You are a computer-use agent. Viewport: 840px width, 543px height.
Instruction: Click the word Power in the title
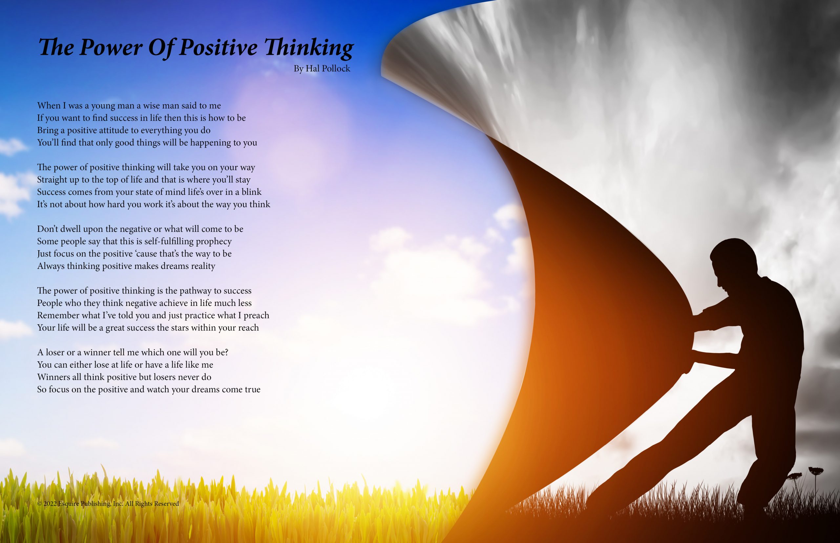[x=111, y=47]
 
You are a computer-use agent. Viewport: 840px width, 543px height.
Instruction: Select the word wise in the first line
[x=151, y=106]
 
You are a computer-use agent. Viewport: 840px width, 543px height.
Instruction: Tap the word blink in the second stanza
[x=251, y=192]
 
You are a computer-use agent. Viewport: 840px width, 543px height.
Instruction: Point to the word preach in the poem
[x=257, y=315]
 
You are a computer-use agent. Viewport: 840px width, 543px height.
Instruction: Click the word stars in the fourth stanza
[x=180, y=328]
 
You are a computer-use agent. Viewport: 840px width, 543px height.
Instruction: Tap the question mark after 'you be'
[x=226, y=352]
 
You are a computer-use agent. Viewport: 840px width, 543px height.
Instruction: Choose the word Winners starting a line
[x=53, y=377]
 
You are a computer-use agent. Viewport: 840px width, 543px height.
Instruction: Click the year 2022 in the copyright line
[x=50, y=504]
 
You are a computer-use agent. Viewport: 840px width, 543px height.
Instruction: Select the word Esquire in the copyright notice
[x=69, y=504]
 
